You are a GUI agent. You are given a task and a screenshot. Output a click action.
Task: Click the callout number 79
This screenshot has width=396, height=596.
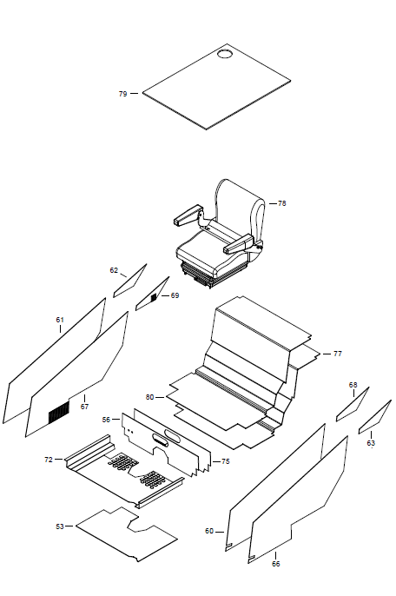pos(122,94)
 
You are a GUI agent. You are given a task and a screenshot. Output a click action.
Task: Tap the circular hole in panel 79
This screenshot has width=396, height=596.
pos(225,54)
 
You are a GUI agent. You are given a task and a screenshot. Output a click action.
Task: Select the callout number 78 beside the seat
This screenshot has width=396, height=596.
pos(281,203)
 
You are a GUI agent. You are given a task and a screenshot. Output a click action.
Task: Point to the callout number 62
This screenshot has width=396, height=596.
pos(114,270)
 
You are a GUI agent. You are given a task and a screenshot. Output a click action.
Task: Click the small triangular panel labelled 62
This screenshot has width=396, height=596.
pos(129,281)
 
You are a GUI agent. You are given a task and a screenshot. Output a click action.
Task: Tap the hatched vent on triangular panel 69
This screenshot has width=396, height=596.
pos(154,297)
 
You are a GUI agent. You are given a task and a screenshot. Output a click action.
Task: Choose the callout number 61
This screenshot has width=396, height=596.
pos(60,320)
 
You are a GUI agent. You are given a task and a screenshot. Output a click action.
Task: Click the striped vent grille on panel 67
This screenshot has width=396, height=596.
pos(59,412)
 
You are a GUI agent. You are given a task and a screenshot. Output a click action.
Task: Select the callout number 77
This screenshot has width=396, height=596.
pos(338,354)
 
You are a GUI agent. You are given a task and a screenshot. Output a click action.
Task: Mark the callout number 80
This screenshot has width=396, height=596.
pos(150,397)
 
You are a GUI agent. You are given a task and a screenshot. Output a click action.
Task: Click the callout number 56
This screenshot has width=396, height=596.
pos(107,420)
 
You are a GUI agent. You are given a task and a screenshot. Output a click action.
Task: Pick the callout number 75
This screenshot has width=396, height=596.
pos(226,461)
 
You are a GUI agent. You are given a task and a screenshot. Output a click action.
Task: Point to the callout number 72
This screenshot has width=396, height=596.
pos(49,460)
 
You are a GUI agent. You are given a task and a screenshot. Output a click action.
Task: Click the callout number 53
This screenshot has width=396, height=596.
pos(60,526)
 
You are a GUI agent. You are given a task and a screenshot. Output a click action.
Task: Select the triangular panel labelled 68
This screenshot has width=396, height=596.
pos(353,405)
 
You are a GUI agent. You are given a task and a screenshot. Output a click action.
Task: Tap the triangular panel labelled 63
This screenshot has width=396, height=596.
pos(375,417)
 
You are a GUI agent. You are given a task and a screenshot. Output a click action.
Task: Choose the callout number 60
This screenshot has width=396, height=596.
pos(209,531)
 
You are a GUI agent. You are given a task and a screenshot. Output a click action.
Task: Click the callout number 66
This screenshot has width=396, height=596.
pos(276,564)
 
